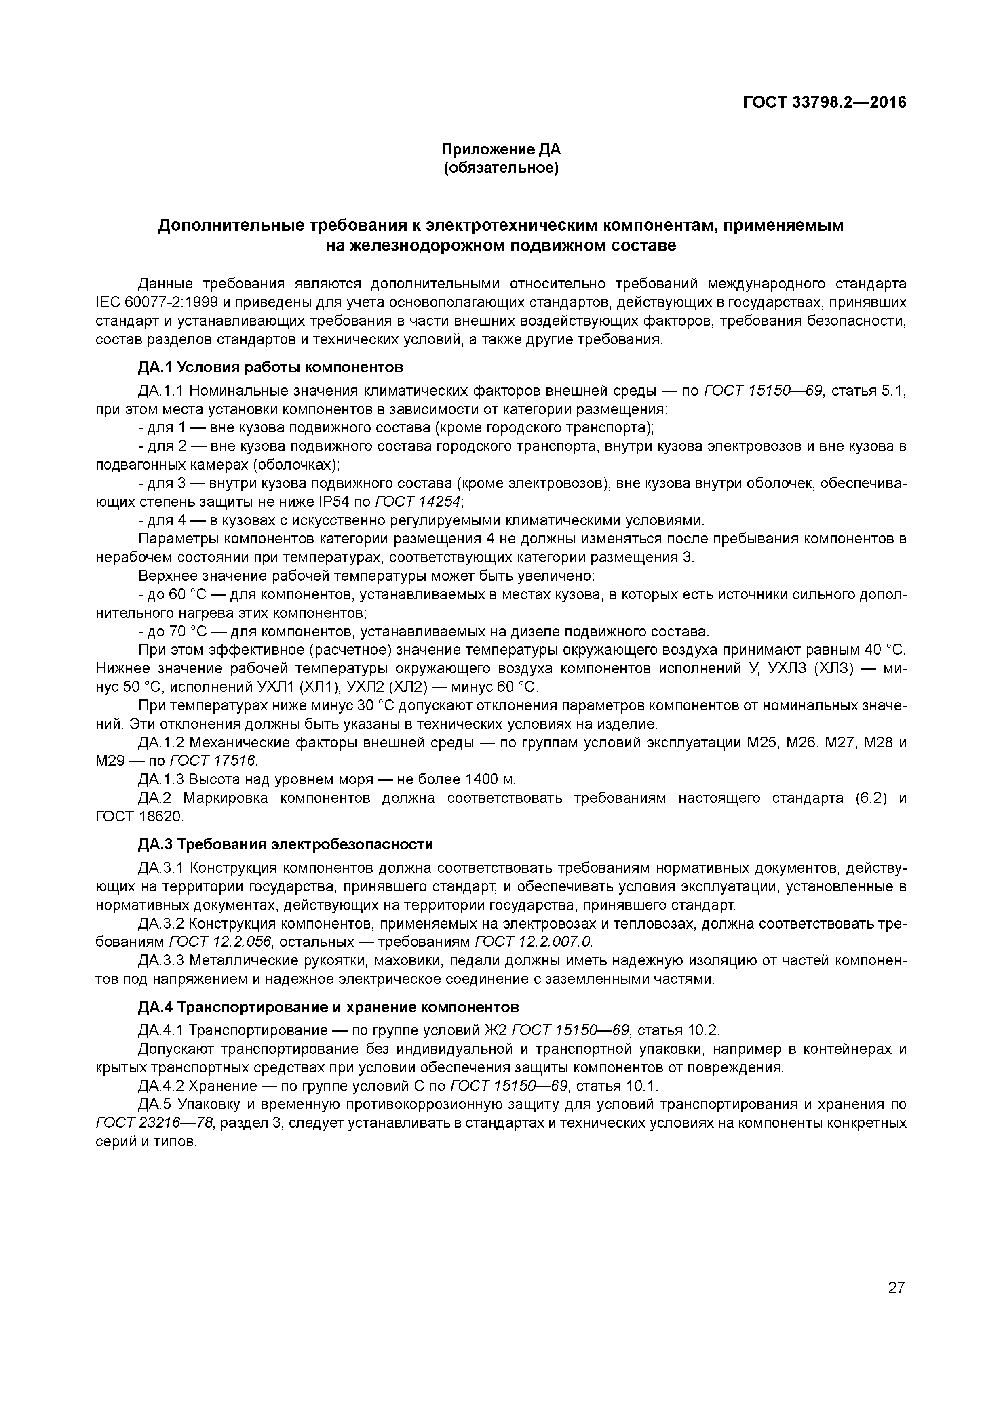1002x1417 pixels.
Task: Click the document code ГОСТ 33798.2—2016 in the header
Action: [x=824, y=103]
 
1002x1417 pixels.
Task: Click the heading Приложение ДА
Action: [x=501, y=149]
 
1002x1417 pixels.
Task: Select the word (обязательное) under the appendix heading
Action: [x=501, y=168]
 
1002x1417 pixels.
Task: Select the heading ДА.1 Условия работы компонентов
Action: [x=270, y=367]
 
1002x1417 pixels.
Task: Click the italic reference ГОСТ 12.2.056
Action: [x=220, y=942]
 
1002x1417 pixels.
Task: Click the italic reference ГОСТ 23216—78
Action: [x=155, y=1122]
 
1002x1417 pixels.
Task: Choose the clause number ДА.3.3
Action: [x=161, y=960]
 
